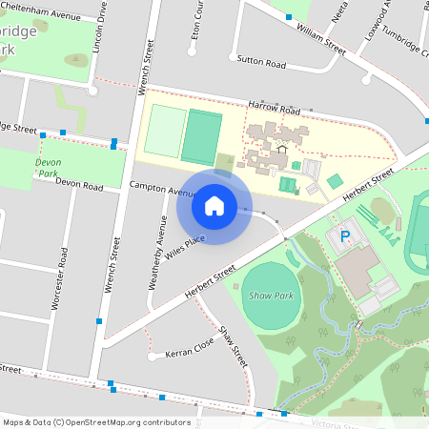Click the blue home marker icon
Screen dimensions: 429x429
point(214,205)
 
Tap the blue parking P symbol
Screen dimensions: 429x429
point(346,235)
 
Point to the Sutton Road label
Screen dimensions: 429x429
point(262,64)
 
